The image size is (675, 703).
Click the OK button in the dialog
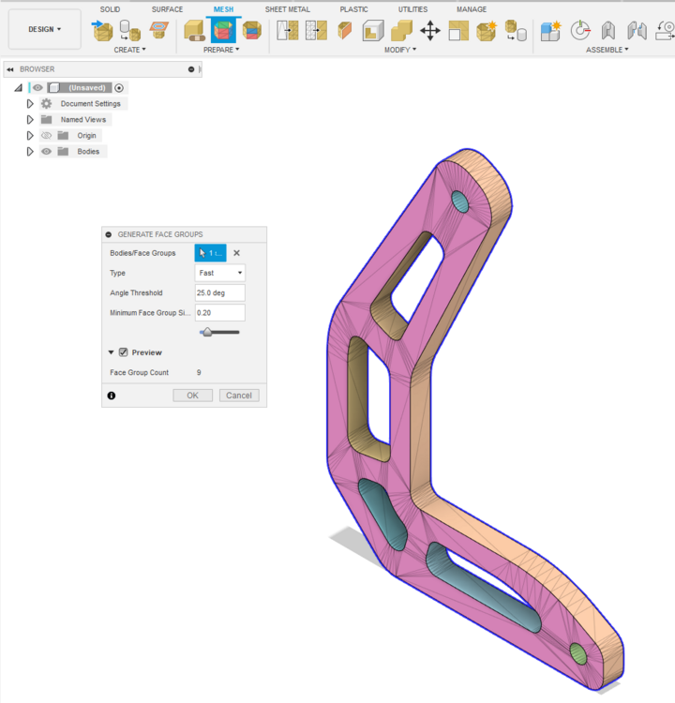pyautogui.click(x=192, y=396)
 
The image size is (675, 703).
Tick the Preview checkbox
pyautogui.click(x=124, y=352)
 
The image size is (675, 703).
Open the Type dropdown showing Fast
pyautogui.click(x=219, y=273)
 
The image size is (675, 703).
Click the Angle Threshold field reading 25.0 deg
pyautogui.click(x=219, y=292)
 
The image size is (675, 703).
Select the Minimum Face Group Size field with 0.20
pyautogui.click(x=219, y=312)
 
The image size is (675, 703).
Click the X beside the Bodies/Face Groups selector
pyautogui.click(x=237, y=253)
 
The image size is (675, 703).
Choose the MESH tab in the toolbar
pyautogui.click(x=223, y=9)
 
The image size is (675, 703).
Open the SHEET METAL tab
pyautogui.click(x=288, y=9)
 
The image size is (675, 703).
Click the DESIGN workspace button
pyautogui.click(x=44, y=29)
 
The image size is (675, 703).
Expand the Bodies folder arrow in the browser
pyautogui.click(x=30, y=152)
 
